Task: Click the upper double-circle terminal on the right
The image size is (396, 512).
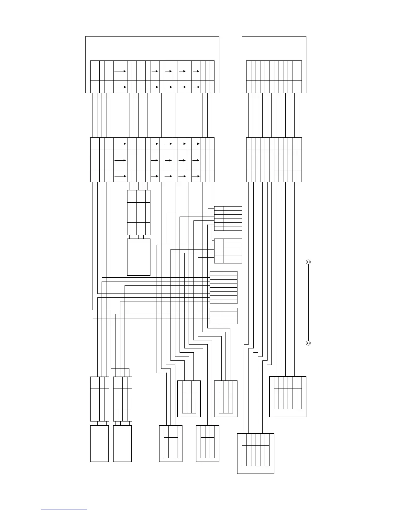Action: [308, 262]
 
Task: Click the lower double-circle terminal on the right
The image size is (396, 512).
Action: [308, 343]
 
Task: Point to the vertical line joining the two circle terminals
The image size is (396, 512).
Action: [308, 302]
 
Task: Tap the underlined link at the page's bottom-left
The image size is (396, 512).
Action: [64, 509]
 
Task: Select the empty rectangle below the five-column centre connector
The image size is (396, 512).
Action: [138, 257]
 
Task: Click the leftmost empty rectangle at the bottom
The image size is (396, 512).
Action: [99, 443]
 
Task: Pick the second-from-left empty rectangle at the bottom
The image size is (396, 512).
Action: [123, 443]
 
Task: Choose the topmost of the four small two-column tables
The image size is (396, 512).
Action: [228, 218]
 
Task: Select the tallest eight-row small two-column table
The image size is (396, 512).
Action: [224, 287]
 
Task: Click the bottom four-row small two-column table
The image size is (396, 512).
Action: [224, 316]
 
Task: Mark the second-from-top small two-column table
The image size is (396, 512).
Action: [228, 251]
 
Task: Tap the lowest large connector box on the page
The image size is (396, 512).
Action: [256, 453]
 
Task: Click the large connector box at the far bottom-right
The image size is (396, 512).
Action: [288, 397]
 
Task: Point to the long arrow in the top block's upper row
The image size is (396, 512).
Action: [120, 70]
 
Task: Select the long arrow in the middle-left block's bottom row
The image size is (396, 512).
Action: [120, 176]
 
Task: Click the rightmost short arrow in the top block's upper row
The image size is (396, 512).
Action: [196, 70]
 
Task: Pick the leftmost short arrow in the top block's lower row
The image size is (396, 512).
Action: [155, 87]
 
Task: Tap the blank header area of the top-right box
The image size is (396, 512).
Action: [274, 48]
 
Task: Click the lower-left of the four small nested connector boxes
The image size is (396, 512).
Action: [170, 443]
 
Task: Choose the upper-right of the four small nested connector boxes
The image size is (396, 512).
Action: [225, 399]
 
